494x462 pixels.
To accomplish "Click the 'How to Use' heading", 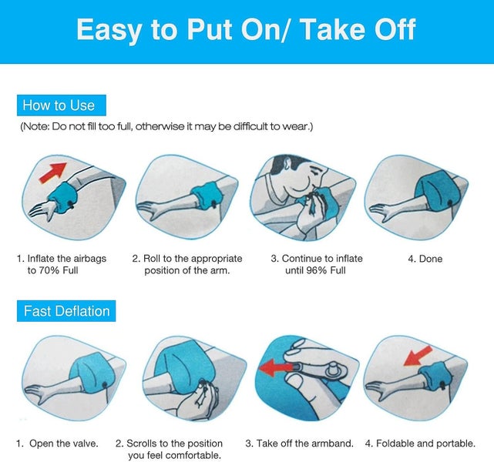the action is (59, 105).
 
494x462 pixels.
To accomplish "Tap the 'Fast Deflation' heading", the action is (67, 311).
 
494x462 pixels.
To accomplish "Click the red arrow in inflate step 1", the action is (53, 172).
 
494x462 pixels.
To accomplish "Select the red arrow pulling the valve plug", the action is (276, 368).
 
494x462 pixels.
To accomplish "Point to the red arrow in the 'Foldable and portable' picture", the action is (418, 356).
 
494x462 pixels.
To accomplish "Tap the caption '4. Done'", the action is (425, 259).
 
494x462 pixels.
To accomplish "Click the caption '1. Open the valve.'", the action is (57, 444).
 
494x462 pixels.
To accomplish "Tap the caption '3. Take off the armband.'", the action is (299, 444).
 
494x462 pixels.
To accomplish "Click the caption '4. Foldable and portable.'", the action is (420, 444).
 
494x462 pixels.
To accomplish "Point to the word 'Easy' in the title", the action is (109, 29).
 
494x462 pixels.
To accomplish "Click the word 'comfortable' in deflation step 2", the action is (193, 455).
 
